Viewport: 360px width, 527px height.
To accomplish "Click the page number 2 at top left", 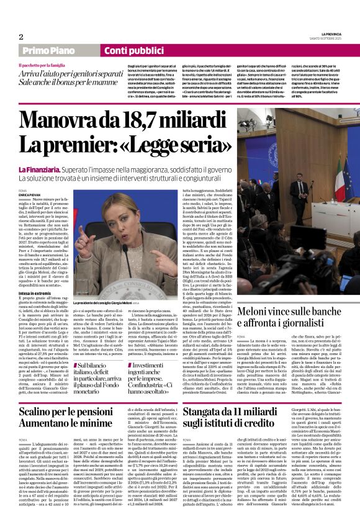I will point(20,37).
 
